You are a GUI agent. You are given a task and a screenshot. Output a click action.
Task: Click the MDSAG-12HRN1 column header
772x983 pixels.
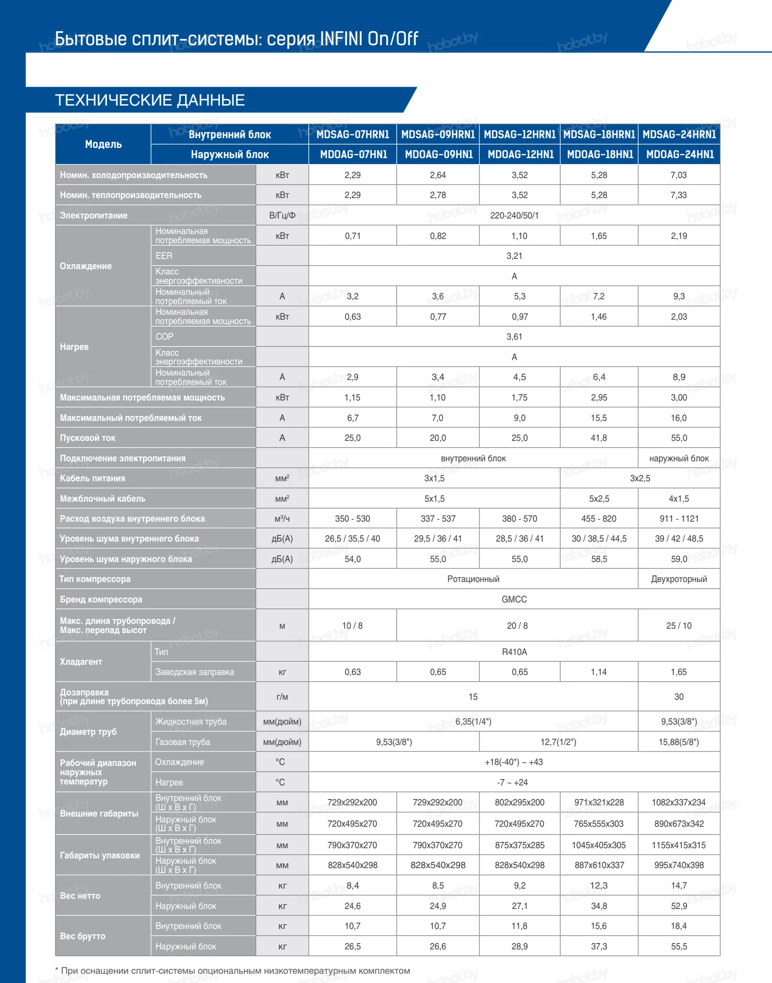(x=519, y=134)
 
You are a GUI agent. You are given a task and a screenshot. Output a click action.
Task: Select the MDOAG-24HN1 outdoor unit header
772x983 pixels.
(x=680, y=154)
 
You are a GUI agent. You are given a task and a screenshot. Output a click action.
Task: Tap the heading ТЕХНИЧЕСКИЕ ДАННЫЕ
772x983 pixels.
(x=150, y=100)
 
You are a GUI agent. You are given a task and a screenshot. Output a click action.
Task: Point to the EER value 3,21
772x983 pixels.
(x=514, y=256)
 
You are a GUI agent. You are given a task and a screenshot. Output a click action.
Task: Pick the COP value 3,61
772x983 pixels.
(x=514, y=337)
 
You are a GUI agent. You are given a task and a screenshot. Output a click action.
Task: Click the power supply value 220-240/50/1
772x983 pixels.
(x=514, y=216)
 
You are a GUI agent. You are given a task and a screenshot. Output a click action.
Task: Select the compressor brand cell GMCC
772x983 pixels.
(x=514, y=600)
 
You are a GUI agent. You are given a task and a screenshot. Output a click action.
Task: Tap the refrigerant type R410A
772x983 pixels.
(x=514, y=652)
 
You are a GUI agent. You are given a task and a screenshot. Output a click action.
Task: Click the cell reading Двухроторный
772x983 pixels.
(x=679, y=579)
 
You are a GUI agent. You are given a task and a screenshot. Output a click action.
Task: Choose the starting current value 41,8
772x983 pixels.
(x=599, y=438)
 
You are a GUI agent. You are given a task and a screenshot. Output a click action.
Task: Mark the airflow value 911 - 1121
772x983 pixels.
(x=679, y=519)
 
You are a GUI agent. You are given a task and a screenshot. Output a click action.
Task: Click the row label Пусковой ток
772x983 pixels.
(x=88, y=438)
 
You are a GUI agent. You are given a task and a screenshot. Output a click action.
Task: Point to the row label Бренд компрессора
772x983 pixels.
(x=101, y=600)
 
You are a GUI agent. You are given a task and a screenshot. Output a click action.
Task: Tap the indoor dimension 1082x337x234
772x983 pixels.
(x=679, y=802)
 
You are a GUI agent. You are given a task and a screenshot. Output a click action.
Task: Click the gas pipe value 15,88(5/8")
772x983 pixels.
(x=679, y=742)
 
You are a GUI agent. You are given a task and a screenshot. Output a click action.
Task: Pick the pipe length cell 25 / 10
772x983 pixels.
(x=679, y=626)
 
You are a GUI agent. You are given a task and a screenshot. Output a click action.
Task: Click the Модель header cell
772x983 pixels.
(x=103, y=145)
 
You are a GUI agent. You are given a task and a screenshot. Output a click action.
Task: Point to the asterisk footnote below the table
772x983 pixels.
(x=233, y=971)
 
